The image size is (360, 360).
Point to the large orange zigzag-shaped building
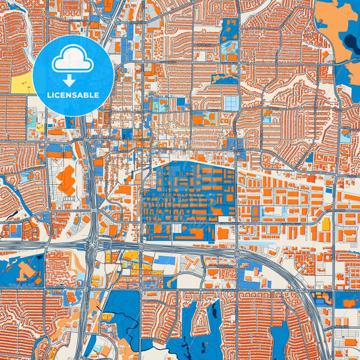(66, 181)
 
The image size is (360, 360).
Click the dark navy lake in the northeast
(351, 44)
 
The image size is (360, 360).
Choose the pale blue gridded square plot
(232, 103)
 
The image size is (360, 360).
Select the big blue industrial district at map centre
(189, 196)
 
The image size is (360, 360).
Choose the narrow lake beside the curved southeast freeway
(297, 324)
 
